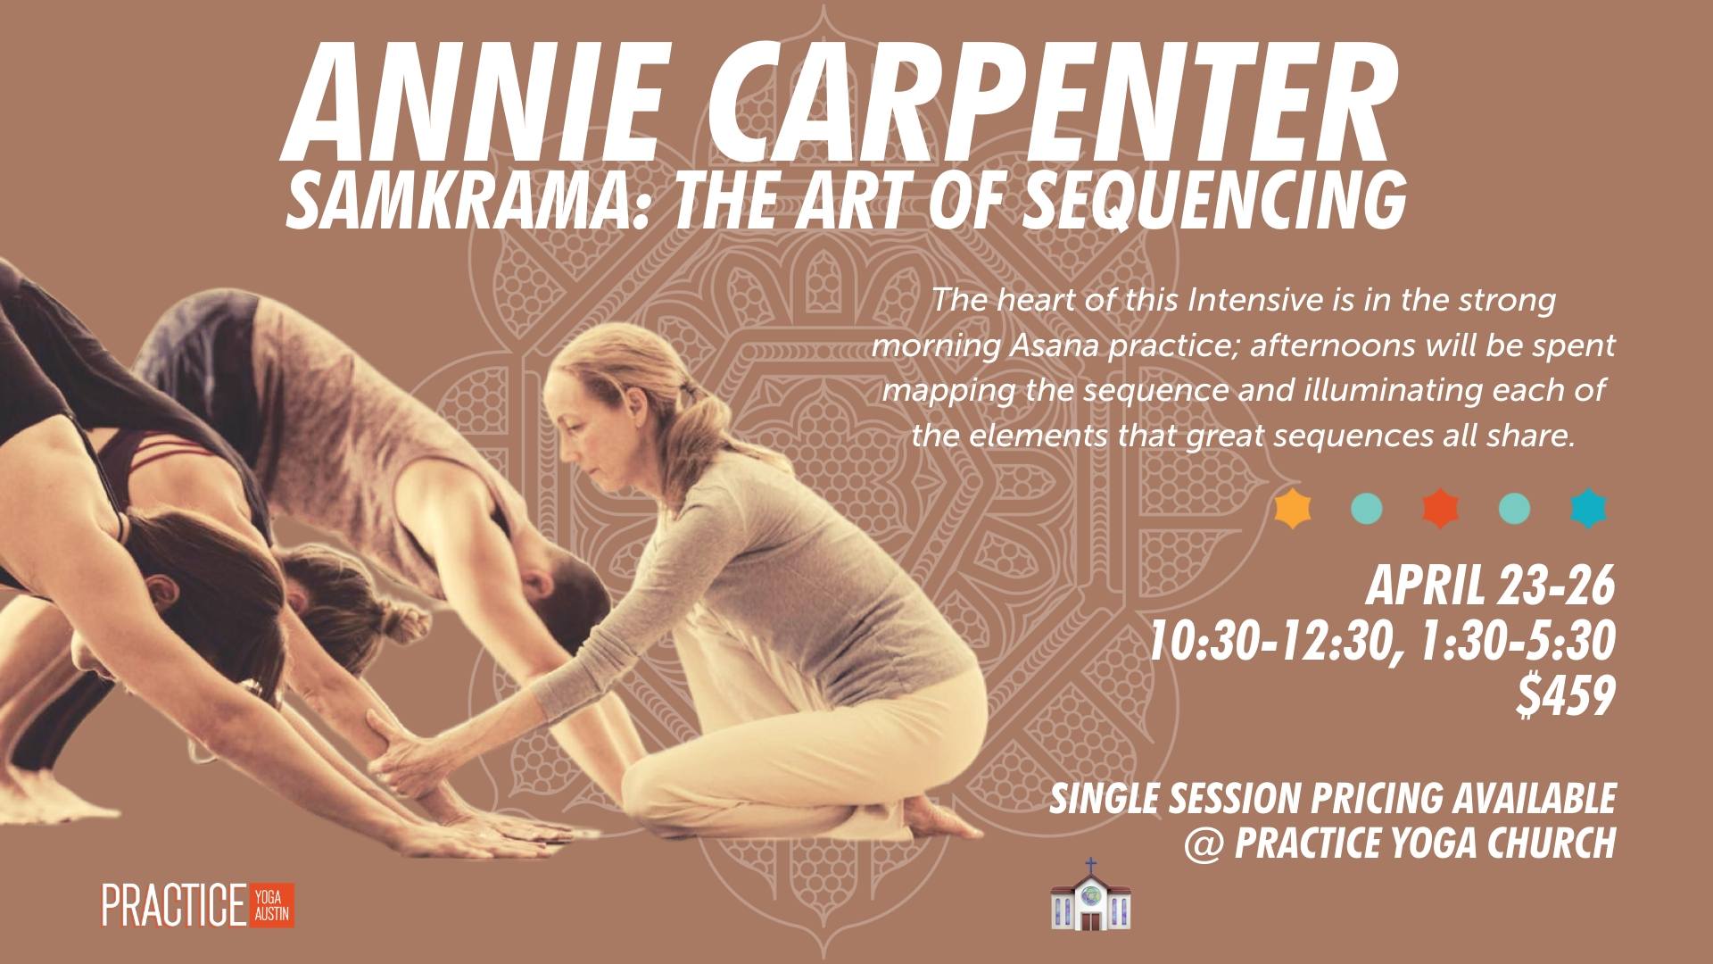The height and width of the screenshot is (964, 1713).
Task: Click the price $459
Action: click(x=1566, y=697)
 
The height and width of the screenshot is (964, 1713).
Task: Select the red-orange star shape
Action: click(x=1440, y=509)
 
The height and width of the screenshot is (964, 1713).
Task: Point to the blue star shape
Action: click(x=1588, y=509)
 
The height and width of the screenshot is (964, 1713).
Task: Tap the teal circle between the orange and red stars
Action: click(x=1366, y=509)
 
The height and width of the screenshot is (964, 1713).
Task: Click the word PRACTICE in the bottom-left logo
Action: click(x=174, y=905)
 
